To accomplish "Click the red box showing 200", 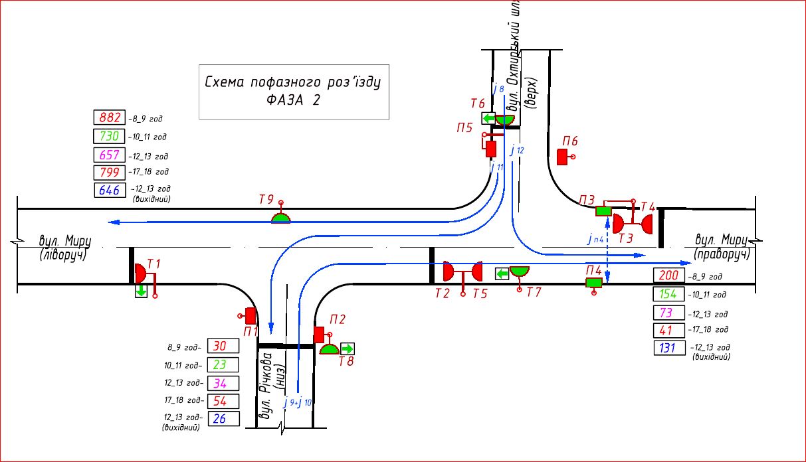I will (x=669, y=276).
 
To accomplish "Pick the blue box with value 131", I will (x=669, y=348).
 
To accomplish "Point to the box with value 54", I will (x=223, y=401).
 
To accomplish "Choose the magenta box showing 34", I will (x=223, y=383).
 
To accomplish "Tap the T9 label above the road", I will (x=266, y=199).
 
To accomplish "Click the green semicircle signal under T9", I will (x=281, y=218).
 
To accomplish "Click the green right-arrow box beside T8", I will (x=348, y=348).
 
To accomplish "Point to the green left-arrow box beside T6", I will (x=488, y=119).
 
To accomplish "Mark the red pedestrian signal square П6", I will (x=562, y=157).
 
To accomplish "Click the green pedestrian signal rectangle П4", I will (x=593, y=283).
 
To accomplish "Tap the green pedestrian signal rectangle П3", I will (x=603, y=211).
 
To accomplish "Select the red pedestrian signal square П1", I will (x=251, y=316).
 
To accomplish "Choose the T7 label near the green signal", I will (x=534, y=292).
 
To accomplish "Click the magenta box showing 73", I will (x=669, y=312).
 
